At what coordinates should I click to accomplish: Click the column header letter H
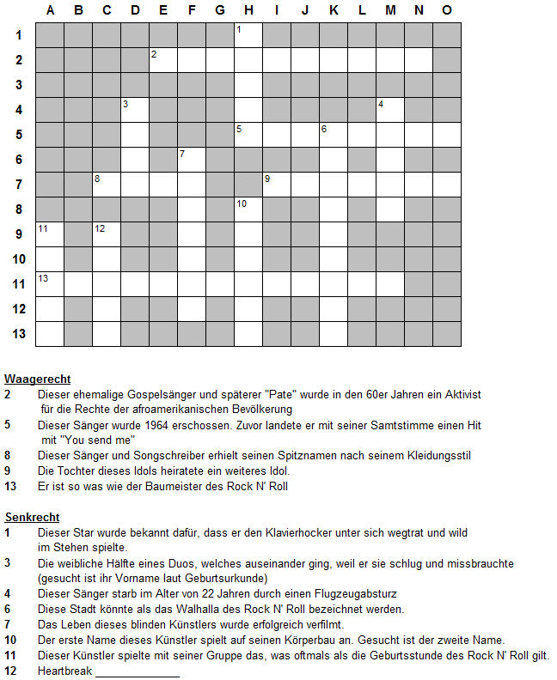pyautogui.click(x=248, y=10)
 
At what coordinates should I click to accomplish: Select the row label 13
pyautogui.click(x=18, y=333)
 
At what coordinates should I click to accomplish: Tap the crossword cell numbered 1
pyautogui.click(x=248, y=35)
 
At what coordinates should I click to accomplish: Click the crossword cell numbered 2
pyautogui.click(x=163, y=60)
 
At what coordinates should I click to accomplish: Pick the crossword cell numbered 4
pyautogui.click(x=390, y=110)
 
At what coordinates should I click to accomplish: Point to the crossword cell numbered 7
pyautogui.click(x=192, y=160)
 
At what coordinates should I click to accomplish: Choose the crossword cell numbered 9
pyautogui.click(x=277, y=185)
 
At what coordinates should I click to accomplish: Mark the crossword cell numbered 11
pyautogui.click(x=50, y=234)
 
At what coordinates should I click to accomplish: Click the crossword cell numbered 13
pyautogui.click(x=50, y=283)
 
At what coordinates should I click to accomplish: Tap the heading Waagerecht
pyautogui.click(x=37, y=379)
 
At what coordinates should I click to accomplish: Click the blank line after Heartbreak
pyautogui.click(x=138, y=671)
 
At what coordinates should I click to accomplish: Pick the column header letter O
pyautogui.click(x=447, y=10)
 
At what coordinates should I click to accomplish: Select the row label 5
pyautogui.click(x=18, y=135)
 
